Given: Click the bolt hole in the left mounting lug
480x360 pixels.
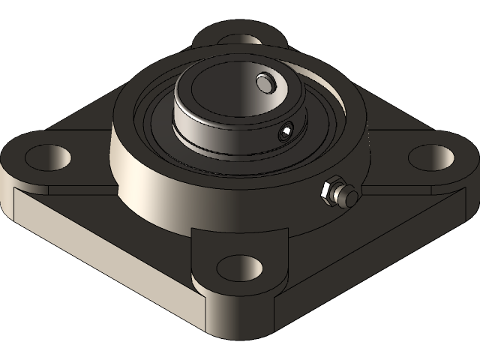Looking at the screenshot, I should tap(48, 156).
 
